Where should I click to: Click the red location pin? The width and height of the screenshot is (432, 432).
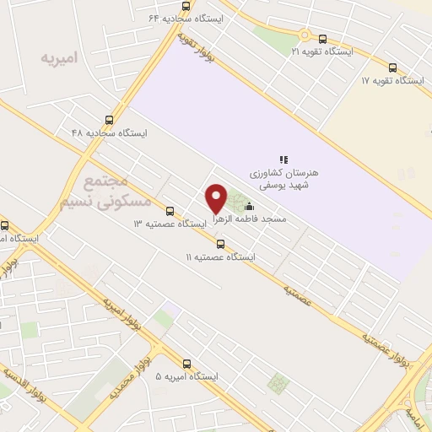click(x=217, y=197)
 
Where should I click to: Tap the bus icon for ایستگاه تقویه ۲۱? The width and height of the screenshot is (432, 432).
click(x=323, y=39)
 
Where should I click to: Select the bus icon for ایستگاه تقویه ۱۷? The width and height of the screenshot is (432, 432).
click(x=392, y=67)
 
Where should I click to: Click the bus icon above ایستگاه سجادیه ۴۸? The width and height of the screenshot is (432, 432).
click(x=109, y=120)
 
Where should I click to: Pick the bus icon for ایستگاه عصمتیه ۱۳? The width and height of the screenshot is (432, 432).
click(x=170, y=211)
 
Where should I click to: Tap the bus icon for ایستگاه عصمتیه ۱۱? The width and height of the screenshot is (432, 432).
click(x=221, y=244)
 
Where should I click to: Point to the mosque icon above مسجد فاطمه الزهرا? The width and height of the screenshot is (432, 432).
click(x=248, y=206)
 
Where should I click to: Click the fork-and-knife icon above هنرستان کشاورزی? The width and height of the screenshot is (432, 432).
click(x=284, y=159)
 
